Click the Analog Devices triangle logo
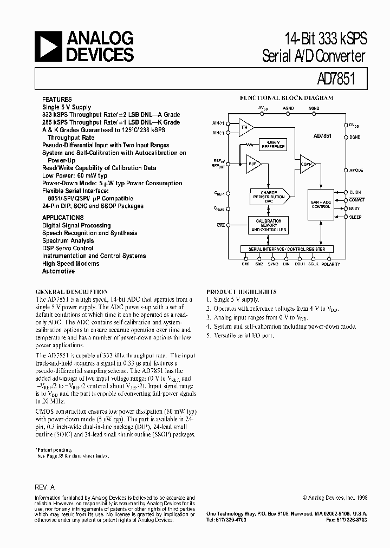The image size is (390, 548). (x=47, y=45)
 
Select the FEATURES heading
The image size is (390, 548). (x=57, y=100)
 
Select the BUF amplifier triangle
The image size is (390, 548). (x=253, y=165)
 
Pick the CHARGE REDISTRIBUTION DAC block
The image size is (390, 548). (x=268, y=197)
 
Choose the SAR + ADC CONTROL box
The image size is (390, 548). (x=321, y=204)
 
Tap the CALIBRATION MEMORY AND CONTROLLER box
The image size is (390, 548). (x=268, y=225)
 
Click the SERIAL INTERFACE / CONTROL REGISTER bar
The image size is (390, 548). (x=287, y=249)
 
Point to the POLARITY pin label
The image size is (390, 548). (x=330, y=264)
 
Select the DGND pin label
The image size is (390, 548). (x=355, y=138)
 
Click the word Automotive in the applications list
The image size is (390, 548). (x=58, y=271)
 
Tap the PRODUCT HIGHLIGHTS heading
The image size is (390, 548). (x=242, y=291)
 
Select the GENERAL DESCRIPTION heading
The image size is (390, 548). (x=71, y=291)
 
